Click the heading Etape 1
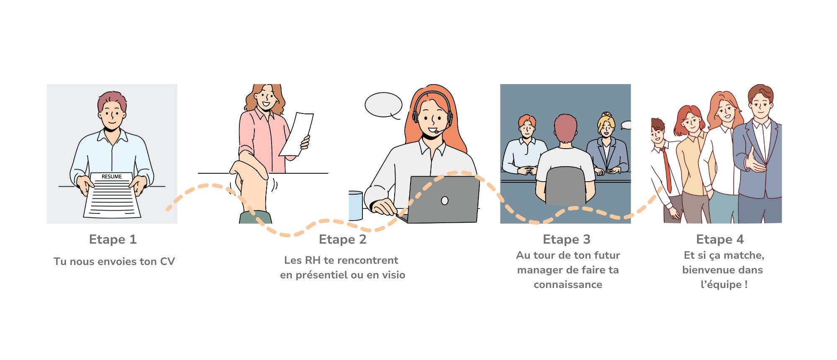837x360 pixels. [x=113, y=239]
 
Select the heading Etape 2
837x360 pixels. [x=342, y=239]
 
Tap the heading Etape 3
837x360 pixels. [x=566, y=239]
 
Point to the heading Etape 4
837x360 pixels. [x=720, y=239]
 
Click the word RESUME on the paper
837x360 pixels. [x=112, y=177]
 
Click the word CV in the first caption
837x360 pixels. [x=167, y=262]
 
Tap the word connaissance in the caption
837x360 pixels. [x=568, y=285]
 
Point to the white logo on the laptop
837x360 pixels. [x=445, y=201]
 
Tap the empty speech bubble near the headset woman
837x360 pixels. [x=383, y=105]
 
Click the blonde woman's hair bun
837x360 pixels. [x=606, y=114]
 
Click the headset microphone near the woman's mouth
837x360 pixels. [x=436, y=132]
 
